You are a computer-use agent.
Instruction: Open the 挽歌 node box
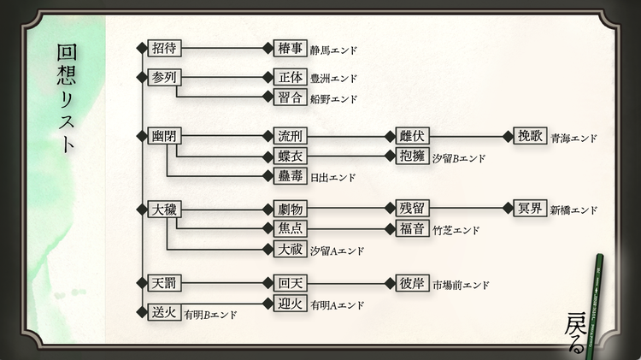click(529, 137)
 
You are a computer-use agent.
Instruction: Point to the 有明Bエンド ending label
click(209, 315)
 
